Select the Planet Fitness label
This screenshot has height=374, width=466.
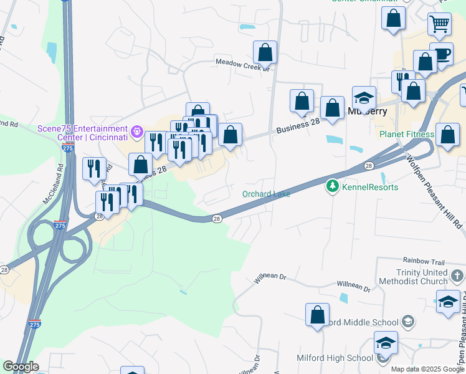point(407,134)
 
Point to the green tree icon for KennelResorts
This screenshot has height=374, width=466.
point(333,186)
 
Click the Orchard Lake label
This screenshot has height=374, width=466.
point(266,194)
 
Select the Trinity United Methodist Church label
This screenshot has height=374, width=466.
point(430,277)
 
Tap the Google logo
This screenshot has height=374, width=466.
point(20,367)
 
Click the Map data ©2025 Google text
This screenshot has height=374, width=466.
point(427,369)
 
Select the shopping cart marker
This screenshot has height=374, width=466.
point(439,24)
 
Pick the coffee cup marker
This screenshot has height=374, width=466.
point(441,54)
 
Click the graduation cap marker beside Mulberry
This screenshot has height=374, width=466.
point(364,98)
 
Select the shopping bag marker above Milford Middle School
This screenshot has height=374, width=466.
point(317,314)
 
